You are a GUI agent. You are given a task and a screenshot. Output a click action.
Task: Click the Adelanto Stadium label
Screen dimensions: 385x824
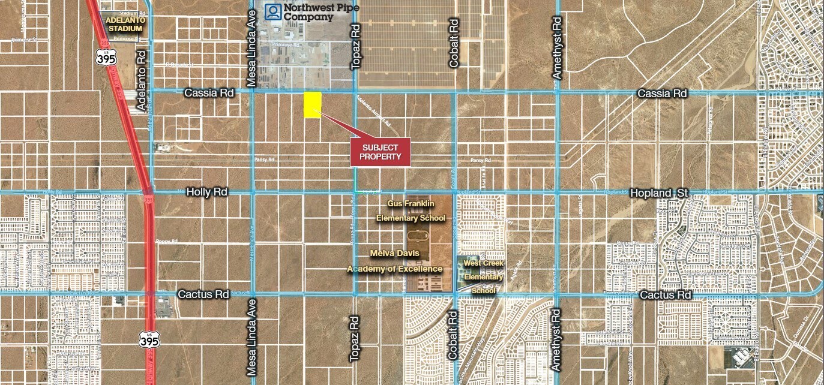coord(124,24)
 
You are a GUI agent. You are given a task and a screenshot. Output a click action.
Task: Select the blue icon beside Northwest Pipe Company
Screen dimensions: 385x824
coord(274,12)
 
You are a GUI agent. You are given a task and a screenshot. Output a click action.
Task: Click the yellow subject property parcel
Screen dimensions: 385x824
coord(312,105)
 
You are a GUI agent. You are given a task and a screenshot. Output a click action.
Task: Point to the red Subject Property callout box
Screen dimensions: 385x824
coord(380,152)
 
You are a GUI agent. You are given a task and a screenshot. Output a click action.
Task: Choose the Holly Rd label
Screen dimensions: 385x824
coord(207,192)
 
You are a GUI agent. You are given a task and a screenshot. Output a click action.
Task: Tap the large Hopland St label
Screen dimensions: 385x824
coord(658,193)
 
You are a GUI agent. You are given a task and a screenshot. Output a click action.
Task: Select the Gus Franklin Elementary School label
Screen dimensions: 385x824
coord(411,211)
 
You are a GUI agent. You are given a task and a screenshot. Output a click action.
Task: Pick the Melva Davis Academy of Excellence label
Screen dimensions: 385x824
coord(394,261)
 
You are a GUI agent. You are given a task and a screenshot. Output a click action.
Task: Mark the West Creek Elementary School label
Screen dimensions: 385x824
coord(484,277)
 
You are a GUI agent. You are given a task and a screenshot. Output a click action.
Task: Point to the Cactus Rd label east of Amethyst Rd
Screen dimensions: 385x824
coord(666,295)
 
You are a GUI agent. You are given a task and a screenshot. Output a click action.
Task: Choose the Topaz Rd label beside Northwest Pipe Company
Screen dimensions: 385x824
coord(355,47)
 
